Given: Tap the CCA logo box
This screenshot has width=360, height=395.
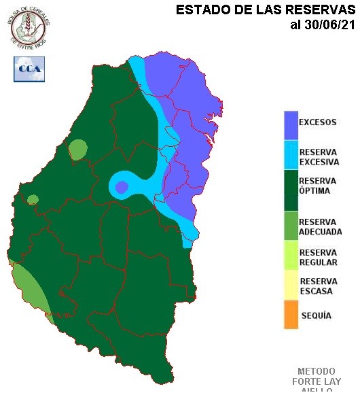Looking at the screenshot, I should (x=29, y=69).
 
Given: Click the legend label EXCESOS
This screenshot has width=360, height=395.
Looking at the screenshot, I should (x=318, y=122).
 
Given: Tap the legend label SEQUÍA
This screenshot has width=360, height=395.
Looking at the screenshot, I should (x=316, y=316).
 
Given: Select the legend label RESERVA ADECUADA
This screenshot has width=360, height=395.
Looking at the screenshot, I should (x=320, y=227).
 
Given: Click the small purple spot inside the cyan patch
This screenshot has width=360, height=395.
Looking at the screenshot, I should (x=122, y=187).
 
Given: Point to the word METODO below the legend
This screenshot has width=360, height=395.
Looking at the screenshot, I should (x=317, y=371).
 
